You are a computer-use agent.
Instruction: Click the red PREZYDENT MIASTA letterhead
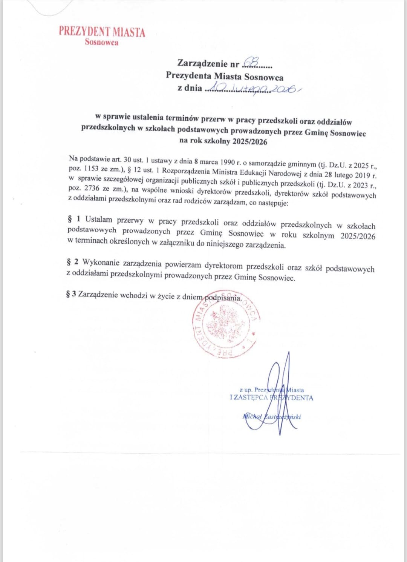102,32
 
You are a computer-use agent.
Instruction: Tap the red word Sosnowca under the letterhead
101,42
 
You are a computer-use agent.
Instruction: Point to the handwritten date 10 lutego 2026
252,89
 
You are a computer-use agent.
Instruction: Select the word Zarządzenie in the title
202,63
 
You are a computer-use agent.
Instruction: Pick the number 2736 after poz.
92,188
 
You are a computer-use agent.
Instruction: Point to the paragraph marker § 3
71,294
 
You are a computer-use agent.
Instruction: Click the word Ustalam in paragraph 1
99,220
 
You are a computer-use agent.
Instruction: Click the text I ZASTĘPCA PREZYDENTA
271,398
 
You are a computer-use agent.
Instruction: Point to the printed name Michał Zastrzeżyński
272,417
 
